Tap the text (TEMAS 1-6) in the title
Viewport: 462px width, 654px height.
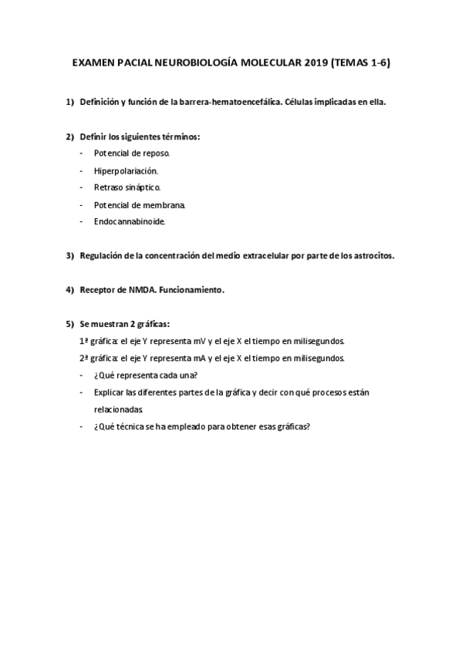click(360, 64)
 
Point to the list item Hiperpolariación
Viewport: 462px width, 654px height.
click(126, 170)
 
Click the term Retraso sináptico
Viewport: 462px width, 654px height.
click(127, 187)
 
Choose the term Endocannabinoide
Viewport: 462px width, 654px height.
click(129, 221)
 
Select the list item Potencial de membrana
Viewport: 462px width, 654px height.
click(140, 204)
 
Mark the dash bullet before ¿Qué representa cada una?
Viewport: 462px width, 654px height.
click(83, 375)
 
